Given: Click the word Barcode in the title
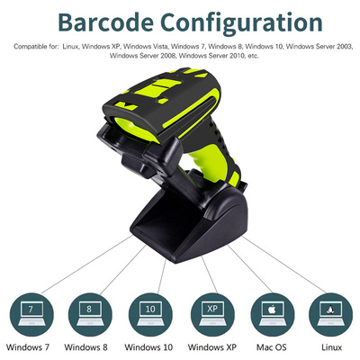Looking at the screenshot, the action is (x=105, y=22).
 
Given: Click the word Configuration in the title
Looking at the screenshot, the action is (x=242, y=23).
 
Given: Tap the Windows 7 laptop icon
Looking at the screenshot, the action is (x=31, y=315).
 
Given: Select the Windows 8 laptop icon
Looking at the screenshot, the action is (x=90, y=315).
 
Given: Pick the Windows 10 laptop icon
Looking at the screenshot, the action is (x=150, y=315).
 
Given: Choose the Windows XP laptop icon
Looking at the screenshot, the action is (x=212, y=315).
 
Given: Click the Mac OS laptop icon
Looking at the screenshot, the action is (x=273, y=315).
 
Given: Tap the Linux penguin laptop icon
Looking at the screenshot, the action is (x=330, y=315).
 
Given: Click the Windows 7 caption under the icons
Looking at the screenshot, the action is (x=28, y=347).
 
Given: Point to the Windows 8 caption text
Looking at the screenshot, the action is (x=85, y=347).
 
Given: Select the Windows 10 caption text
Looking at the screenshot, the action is (x=148, y=347).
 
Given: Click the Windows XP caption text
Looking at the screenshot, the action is (x=212, y=347).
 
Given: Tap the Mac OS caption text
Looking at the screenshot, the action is (x=272, y=347).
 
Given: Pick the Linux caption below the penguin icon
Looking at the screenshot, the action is (x=332, y=347).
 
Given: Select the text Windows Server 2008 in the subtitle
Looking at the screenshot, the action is (x=143, y=56).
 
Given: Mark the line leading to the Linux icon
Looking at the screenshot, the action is (x=284, y=265).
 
